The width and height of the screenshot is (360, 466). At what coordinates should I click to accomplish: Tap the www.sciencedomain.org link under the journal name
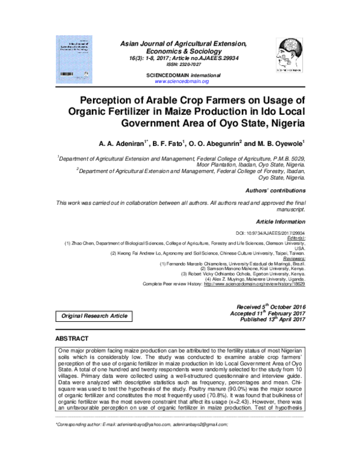181,80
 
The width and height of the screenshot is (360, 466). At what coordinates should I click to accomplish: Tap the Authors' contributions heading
275,190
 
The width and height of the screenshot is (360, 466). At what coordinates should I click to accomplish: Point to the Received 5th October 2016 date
271,306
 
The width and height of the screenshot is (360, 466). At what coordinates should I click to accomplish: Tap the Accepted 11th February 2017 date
269,313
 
